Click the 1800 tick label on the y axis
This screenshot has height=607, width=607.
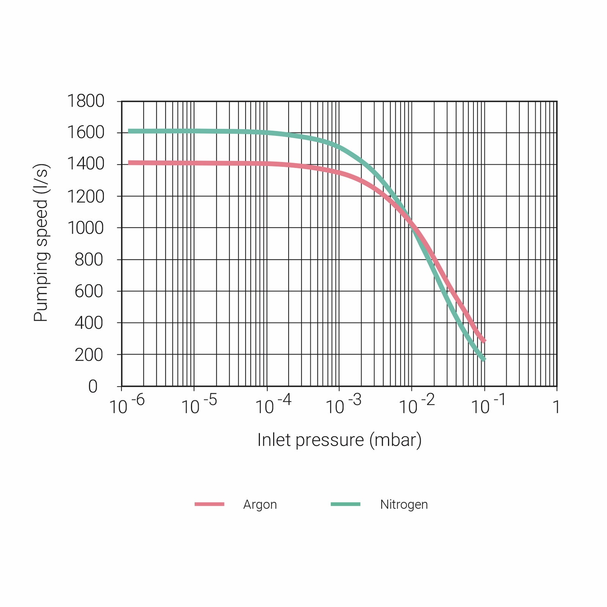pos(86,101)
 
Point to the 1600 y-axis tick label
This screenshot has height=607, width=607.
pos(86,133)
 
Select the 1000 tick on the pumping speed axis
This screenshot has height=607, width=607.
pos(86,228)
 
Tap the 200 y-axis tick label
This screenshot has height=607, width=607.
pos(89,355)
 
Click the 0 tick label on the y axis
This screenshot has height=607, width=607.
pos(93,387)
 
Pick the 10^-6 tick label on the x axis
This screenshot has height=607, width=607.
pos(127,405)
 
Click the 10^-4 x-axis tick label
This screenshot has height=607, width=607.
pos(273,405)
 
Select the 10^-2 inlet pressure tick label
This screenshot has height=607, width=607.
pos(417,405)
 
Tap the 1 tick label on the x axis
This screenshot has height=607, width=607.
pos(556,407)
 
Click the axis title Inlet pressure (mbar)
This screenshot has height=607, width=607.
pos(339,440)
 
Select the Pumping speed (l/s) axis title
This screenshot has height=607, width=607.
pos(41,243)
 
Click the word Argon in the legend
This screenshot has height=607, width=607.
pos(260,505)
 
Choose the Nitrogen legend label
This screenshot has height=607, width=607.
pos(404,505)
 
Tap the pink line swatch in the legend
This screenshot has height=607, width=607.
pos(209,504)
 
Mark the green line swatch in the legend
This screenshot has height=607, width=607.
pos(345,504)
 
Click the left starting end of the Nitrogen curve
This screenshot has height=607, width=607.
pos(129,131)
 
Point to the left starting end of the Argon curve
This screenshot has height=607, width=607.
pos(129,163)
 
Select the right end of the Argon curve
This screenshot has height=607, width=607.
pos(484,341)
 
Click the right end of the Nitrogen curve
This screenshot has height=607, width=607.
pos(484,360)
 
